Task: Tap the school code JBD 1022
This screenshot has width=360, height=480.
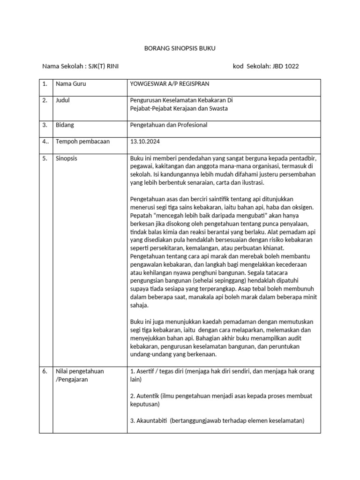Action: pos(285,66)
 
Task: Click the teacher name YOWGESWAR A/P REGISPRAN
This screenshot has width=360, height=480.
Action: pos(169,83)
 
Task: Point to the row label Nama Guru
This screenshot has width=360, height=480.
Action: pos(71,83)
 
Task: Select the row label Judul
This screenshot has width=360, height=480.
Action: pos(63,100)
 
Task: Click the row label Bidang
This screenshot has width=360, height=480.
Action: pos(65,125)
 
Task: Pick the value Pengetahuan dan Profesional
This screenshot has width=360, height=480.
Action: pos(168,125)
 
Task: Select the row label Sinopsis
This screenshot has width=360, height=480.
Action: pos(67,158)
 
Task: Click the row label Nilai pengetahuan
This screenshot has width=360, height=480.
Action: pos(80,371)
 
